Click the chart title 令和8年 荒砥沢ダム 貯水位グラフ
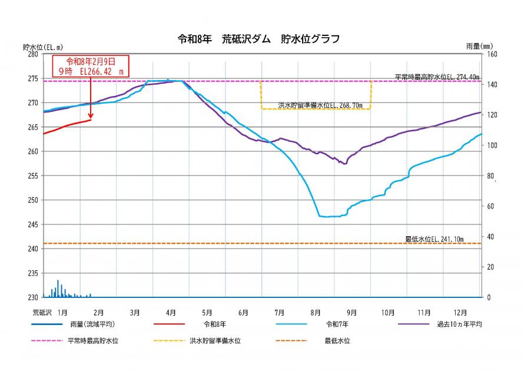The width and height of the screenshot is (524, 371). (258, 39)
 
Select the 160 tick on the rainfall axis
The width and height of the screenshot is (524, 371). (490, 54)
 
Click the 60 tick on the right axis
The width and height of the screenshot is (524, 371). (489, 206)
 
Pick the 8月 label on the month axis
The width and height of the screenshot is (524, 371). (316, 312)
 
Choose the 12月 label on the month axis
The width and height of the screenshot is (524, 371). (460, 312)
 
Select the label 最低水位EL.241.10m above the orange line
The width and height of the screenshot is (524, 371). (434, 239)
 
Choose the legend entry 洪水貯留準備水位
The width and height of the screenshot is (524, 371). (215, 341)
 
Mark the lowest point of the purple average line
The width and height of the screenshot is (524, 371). (345, 164)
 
